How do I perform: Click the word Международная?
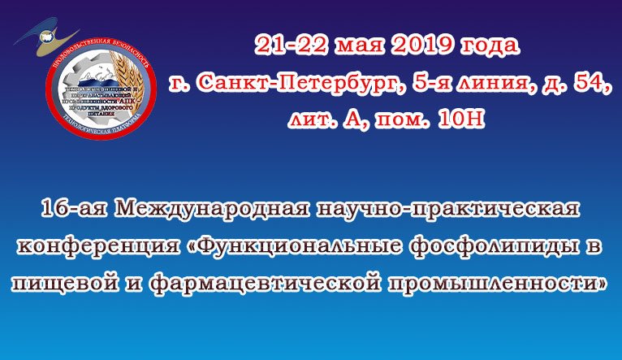212,210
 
